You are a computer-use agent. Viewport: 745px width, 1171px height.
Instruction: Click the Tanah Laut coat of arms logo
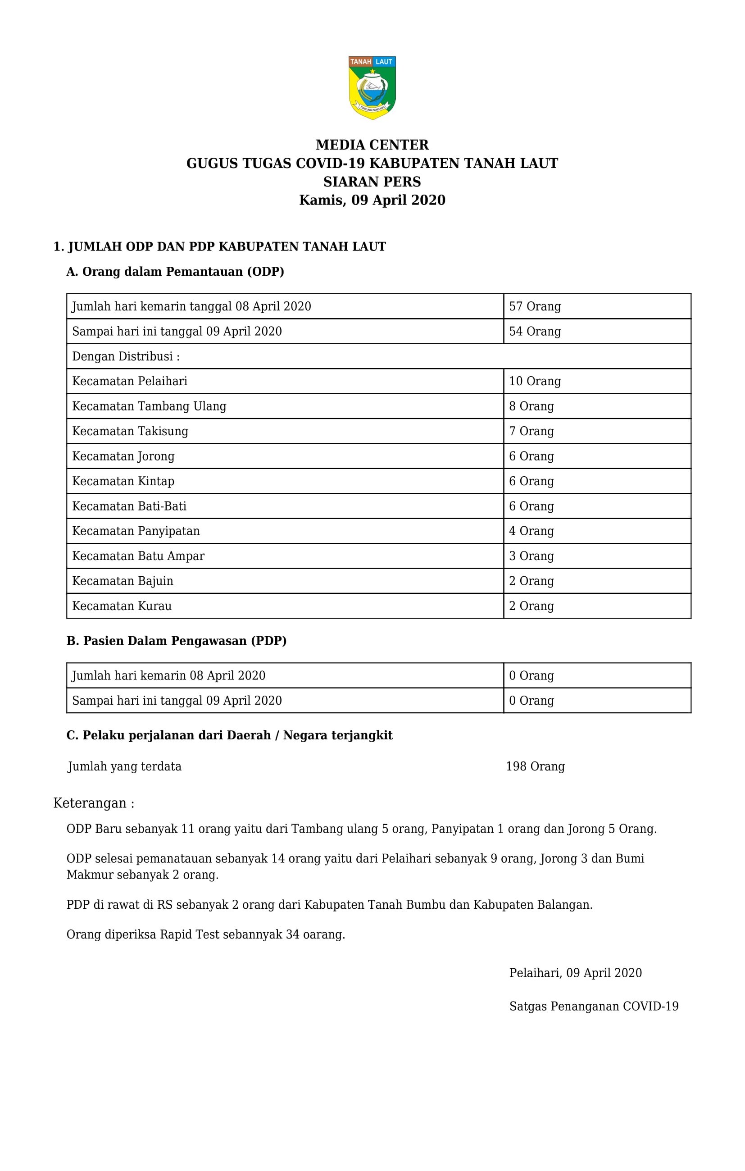tap(372, 88)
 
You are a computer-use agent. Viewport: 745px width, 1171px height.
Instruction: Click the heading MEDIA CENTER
tap(372, 145)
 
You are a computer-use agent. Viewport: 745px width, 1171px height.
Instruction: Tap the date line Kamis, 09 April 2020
tap(372, 200)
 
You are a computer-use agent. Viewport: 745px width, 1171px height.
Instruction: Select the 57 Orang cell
tap(535, 306)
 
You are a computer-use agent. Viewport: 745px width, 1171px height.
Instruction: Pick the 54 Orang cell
tap(535, 332)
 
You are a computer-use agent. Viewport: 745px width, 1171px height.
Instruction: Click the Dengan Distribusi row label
tap(126, 356)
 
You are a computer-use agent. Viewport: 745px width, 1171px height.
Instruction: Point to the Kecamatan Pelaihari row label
tap(130, 381)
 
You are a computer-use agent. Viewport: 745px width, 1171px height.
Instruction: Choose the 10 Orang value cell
tap(535, 381)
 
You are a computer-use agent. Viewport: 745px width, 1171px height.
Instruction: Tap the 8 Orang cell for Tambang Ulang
tap(531, 406)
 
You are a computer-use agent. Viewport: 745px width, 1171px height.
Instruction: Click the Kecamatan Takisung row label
tap(130, 431)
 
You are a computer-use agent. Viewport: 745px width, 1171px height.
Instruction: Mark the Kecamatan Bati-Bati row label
tap(129, 506)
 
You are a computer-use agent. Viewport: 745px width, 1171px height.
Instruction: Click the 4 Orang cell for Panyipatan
tap(531, 531)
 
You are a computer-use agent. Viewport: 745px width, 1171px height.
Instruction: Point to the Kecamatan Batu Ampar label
tap(138, 556)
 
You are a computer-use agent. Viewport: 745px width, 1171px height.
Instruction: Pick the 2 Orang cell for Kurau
tap(531, 606)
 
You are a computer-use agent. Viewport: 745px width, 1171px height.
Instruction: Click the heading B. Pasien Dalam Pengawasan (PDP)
tap(177, 641)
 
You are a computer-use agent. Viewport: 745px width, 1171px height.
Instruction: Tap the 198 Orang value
tap(535, 766)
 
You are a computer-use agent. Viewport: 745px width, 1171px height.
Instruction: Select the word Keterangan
tap(90, 803)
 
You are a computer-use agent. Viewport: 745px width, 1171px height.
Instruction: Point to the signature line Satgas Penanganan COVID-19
tap(594, 1006)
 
